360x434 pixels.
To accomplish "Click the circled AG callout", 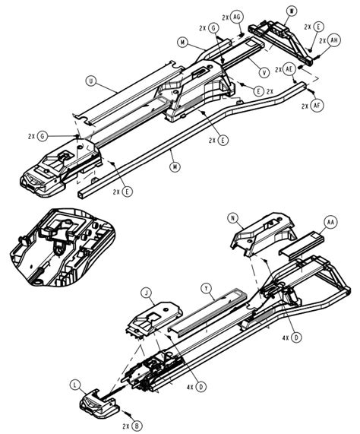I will [237, 16].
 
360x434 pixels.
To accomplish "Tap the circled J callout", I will [145, 292].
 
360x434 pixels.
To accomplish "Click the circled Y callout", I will [206, 289].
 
